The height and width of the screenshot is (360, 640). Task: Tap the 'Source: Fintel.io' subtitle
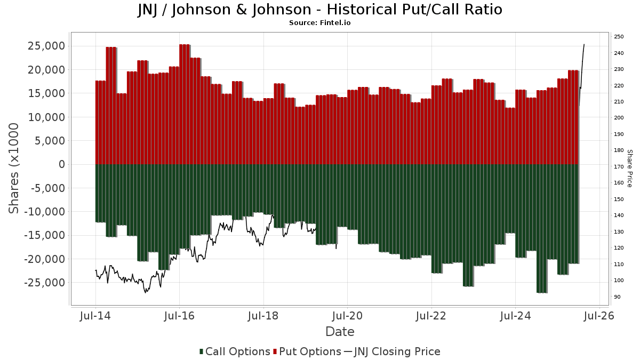pyautogui.click(x=320, y=23)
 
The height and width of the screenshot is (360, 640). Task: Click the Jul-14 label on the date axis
pyautogui.click(x=95, y=316)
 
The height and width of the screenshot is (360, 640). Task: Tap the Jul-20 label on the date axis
pyautogui.click(x=347, y=316)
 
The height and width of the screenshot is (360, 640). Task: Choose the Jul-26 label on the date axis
pyautogui.click(x=599, y=316)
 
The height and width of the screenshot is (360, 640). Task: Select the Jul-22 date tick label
pyautogui.click(x=431, y=316)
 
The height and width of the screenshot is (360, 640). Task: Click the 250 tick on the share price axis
pyautogui.click(x=619, y=37)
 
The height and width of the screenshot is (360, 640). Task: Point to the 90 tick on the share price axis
pyautogui.click(x=617, y=297)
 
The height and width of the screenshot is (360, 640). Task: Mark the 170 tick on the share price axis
pyautogui.click(x=619, y=167)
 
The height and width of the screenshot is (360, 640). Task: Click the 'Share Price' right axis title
pyautogui.click(x=629, y=168)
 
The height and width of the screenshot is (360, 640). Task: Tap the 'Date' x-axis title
pyautogui.click(x=340, y=332)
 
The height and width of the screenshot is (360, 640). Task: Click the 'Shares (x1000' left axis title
pyautogui.click(x=14, y=168)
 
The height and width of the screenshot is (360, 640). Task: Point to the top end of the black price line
pyautogui.click(x=584, y=44)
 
